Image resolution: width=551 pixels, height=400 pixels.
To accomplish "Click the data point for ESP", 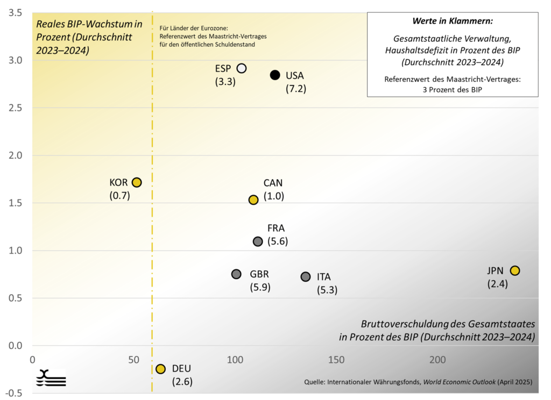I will click(242, 68).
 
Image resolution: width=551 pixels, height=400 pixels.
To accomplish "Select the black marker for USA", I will click(275, 75).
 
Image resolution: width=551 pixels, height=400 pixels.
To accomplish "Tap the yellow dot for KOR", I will click(137, 182).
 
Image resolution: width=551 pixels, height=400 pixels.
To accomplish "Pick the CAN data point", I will click(253, 199).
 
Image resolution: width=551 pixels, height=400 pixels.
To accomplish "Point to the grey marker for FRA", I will click(258, 241).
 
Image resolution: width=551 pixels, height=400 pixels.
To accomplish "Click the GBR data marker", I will click(236, 274).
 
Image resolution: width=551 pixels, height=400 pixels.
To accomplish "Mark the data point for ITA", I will click(306, 276).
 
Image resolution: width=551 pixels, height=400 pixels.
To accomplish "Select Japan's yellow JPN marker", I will click(515, 270).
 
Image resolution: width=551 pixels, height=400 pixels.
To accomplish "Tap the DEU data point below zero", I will click(160, 369).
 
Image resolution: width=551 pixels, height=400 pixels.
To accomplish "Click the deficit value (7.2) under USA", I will click(296, 89).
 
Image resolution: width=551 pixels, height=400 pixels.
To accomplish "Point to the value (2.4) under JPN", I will click(498, 284).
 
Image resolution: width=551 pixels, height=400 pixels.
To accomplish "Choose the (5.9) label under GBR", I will click(260, 287).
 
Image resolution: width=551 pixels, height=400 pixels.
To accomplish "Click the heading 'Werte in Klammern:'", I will click(453, 22).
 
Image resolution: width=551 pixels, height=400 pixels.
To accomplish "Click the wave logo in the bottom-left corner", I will click(51, 378).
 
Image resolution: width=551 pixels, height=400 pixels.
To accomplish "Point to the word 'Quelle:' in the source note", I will click(315, 382).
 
